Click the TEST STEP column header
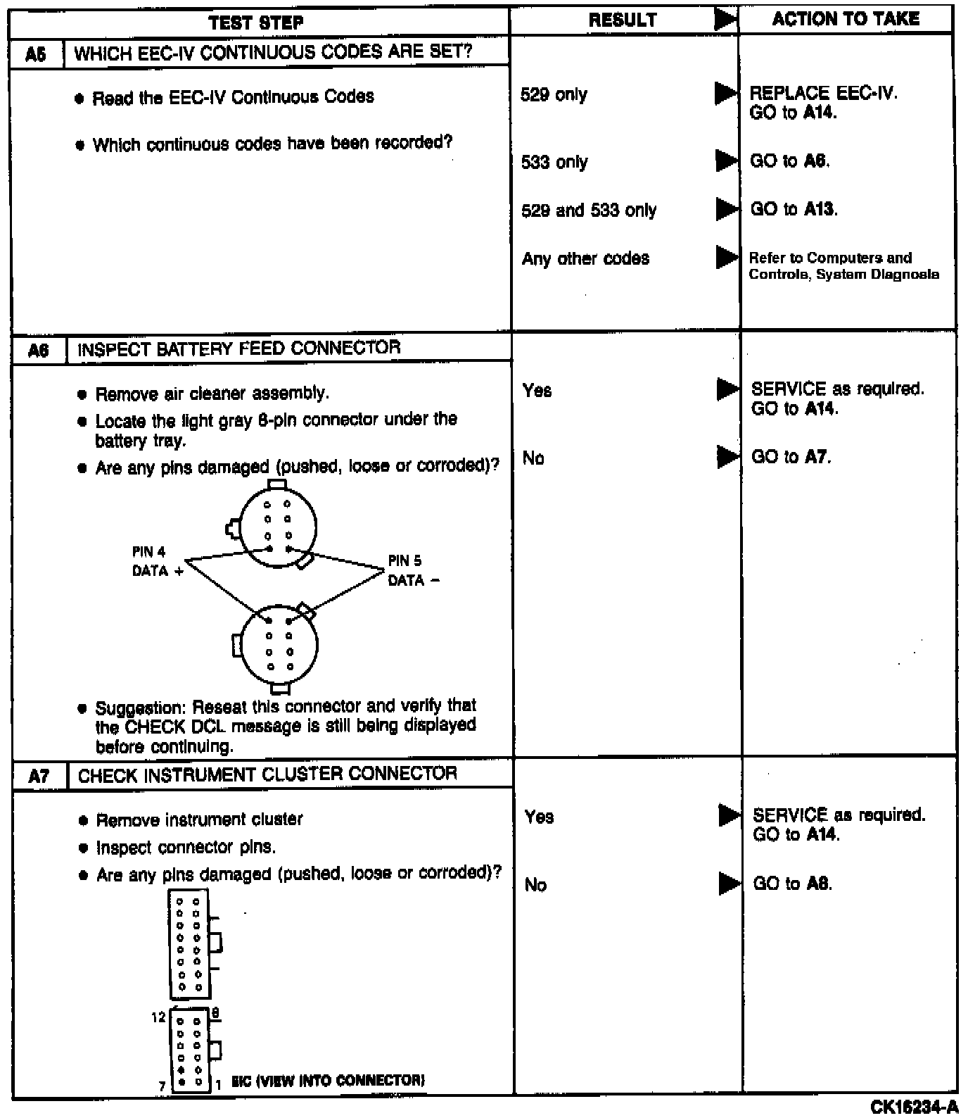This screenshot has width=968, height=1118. coord(256,23)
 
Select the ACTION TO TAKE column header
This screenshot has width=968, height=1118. coord(846,19)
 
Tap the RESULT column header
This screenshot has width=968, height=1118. coord(623,20)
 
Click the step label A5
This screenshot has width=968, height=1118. coord(36,54)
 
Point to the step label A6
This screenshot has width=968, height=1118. coord(38,350)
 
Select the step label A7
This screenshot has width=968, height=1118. coord(39,776)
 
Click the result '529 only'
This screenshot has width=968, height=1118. coord(554,94)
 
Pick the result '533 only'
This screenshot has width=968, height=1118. coord(554,162)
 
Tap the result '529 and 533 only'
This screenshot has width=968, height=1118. coord(589,211)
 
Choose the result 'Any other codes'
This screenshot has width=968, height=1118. coord(585,258)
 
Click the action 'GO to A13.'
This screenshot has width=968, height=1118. coord(794,209)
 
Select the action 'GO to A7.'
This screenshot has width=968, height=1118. coord(791,457)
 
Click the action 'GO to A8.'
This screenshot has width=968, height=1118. coord(792,884)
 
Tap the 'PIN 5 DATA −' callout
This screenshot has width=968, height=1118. coord(414,571)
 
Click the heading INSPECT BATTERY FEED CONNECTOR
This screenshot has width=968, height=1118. coord(238,348)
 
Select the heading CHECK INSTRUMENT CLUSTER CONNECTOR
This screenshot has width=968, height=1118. coord(267,774)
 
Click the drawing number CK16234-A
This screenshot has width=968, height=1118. coord(914,1107)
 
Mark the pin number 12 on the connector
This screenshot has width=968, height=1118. coord(158,1017)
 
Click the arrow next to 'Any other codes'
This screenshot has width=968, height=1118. coord(726,258)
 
